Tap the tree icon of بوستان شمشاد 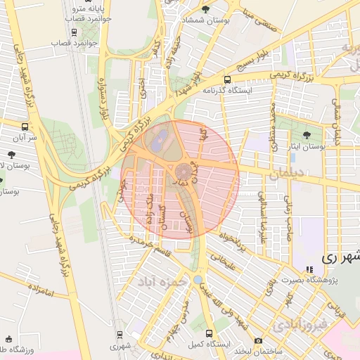[x=205, y=9]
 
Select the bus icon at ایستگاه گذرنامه [x=227, y=79]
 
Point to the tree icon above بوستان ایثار [x=306, y=135]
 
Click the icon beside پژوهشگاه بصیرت [x=308, y=269]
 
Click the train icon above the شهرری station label [x=120, y=335]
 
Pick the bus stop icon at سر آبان [x=26, y=127]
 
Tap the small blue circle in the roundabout [x=198, y=279]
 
